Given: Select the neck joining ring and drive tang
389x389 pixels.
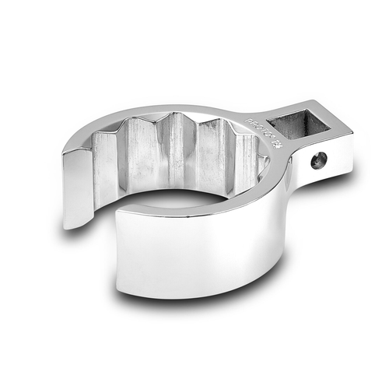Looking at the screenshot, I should coord(276,156).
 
